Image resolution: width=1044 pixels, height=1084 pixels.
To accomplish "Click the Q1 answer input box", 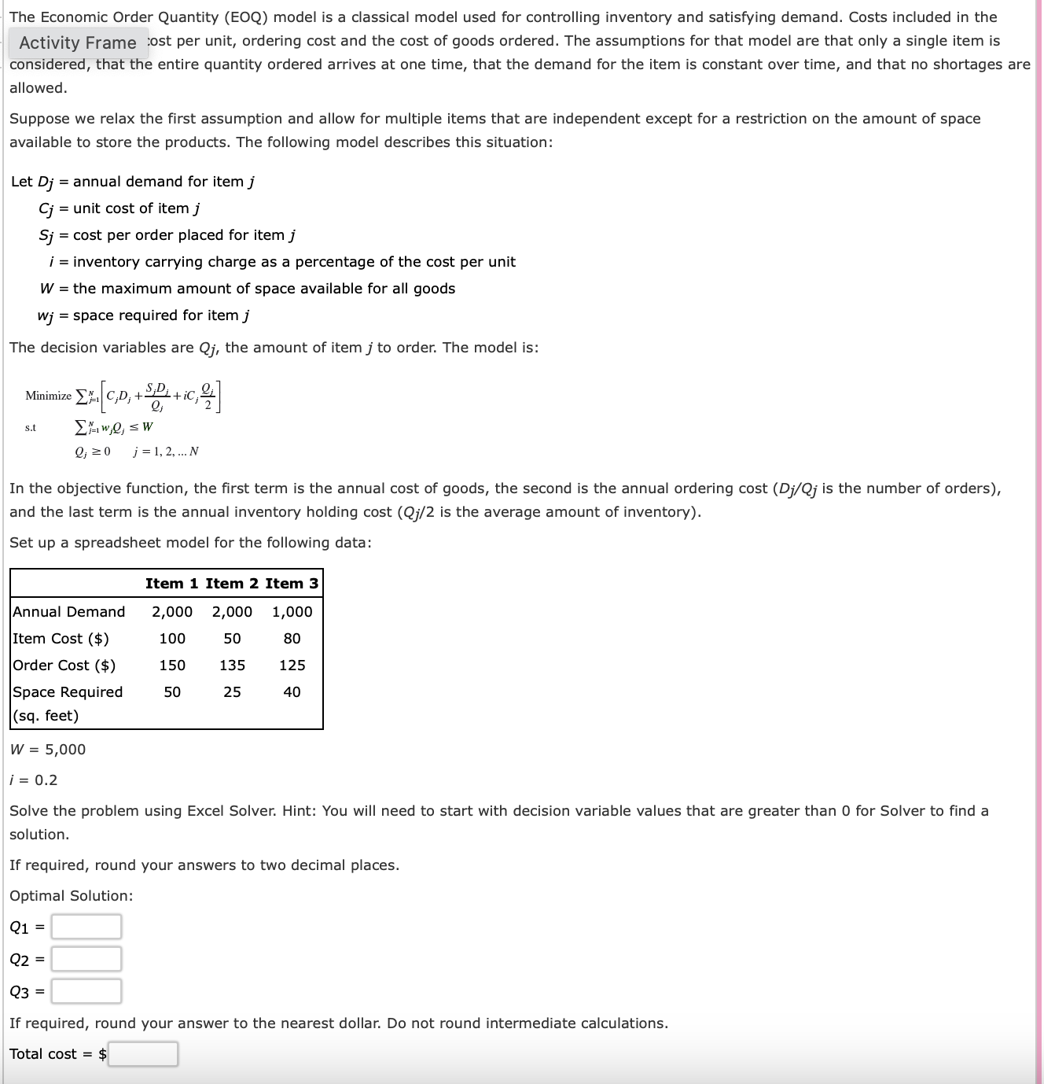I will coord(86,927).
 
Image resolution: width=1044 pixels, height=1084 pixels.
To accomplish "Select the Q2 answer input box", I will coord(86,959).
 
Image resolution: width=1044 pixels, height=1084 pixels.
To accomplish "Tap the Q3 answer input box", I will coord(86,991).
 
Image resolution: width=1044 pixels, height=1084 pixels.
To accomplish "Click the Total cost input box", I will coord(143,1054).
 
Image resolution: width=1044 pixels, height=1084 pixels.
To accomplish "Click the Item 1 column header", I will coord(172,584).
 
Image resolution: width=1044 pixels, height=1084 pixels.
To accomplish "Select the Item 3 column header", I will coord(292,584).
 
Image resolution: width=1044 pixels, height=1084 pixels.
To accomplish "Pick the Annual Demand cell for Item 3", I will coord(292,612).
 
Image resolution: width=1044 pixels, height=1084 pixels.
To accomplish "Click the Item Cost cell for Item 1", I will coord(172,639).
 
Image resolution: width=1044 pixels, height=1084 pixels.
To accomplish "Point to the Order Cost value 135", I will coord(232,666).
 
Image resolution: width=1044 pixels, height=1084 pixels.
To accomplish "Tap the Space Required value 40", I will coord(292,692).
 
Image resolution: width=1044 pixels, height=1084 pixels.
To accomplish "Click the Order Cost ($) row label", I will coord(64,666).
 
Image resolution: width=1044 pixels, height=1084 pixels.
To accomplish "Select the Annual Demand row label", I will coord(69,612).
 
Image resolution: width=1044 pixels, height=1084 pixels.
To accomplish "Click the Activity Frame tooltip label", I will coord(78,43).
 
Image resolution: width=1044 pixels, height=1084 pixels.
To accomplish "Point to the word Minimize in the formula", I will coord(48,396).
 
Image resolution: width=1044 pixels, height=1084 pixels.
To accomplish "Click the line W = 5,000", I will coord(48,750).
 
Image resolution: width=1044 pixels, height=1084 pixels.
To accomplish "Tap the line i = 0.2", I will coord(34,780).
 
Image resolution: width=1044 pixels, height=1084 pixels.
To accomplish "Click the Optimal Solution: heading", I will coord(72,896).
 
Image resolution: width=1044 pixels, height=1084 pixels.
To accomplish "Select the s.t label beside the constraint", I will coord(31,428).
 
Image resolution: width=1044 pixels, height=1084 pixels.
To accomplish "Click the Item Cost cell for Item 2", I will coord(232,639).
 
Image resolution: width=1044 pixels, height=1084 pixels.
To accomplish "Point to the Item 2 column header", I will coord(232,584).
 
